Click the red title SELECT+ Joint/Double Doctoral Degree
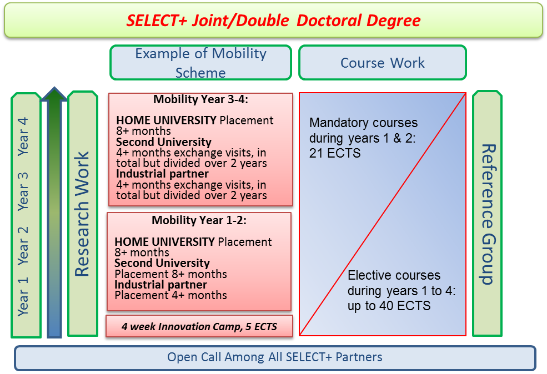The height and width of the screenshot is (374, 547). point(273,21)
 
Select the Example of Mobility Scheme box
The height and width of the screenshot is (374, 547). point(200,63)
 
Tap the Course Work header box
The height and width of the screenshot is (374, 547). point(383,63)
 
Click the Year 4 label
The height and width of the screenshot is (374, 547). point(23,137)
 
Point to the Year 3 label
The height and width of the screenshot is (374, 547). point(23,191)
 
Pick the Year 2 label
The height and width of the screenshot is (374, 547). point(23,246)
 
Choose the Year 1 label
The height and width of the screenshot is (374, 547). point(23,297)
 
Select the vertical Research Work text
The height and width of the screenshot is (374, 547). point(82,214)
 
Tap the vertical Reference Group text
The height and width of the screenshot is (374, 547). point(488,214)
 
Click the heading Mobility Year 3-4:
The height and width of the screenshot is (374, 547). point(200,100)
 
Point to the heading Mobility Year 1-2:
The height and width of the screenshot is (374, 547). point(199,220)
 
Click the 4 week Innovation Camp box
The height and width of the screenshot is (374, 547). point(199,326)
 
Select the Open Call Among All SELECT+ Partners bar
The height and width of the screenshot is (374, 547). point(275,358)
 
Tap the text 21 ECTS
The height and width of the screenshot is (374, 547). point(335,153)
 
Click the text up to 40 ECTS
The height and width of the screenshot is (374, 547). point(389,306)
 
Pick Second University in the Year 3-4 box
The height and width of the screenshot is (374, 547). point(164,142)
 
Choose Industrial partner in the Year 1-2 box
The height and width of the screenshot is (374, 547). point(160,285)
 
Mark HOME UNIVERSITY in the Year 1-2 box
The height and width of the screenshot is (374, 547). point(165,242)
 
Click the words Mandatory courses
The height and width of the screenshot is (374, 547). point(364,123)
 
